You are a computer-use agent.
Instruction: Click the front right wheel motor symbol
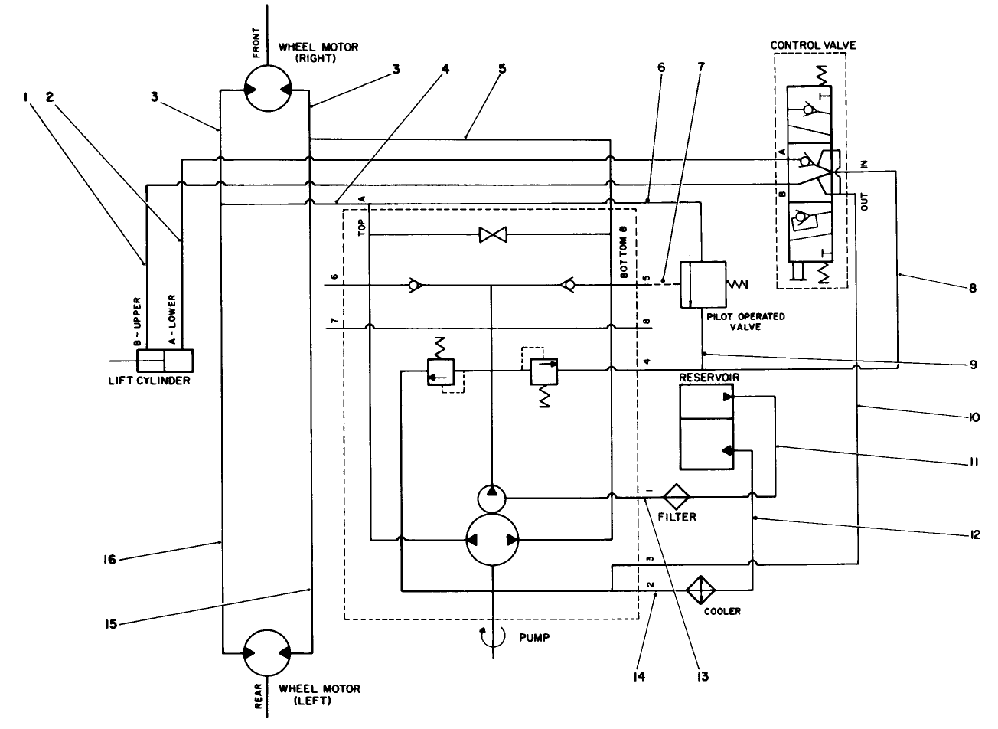pos(266,89)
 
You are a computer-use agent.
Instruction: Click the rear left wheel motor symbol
pos(266,653)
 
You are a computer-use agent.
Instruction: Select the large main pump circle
pos(493,540)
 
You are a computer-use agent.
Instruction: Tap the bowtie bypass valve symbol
pos(489,235)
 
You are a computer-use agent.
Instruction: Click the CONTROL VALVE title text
pos(812,46)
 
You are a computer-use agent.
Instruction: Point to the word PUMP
pos(534,636)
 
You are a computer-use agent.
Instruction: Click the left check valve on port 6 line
pos(414,286)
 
